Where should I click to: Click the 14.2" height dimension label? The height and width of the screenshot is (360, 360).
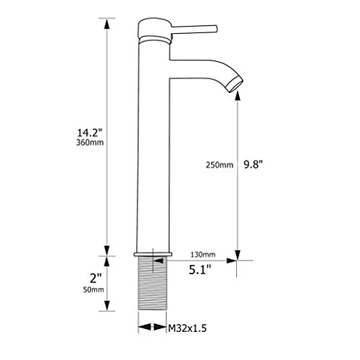click(90, 132)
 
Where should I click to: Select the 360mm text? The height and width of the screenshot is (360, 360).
click(90, 143)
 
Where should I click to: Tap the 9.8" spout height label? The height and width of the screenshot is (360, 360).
click(253, 165)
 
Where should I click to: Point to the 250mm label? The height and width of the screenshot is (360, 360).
click(220, 165)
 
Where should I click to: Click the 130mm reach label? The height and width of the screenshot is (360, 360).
click(203, 254)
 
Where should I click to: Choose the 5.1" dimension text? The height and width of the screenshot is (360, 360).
click(200, 270)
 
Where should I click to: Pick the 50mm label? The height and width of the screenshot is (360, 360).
click(94, 289)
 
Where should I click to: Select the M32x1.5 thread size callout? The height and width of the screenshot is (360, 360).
click(187, 328)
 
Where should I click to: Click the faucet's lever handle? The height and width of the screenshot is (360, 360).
click(194, 29)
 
